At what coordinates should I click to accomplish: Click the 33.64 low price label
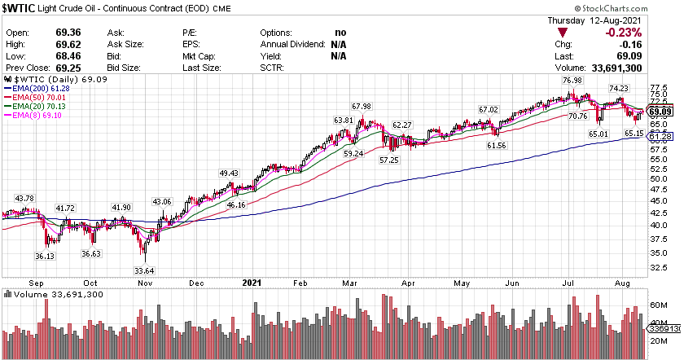144,271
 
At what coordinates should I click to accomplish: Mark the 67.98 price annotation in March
362,107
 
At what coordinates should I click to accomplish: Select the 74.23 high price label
619,88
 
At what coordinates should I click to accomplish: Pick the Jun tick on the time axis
515,283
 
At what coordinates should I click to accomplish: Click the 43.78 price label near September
24,199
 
